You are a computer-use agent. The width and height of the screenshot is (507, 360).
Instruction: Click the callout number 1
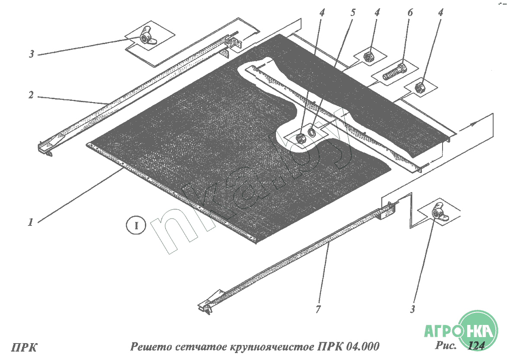point(30,222)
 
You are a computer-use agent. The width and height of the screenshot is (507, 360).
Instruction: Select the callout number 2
point(31,95)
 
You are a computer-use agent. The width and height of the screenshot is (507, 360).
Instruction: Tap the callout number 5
point(353,13)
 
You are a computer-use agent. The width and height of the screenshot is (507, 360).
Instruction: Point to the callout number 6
point(410,13)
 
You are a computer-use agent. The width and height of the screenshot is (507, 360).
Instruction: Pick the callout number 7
point(318,309)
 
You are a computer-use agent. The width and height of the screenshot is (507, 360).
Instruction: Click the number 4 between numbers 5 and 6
point(377,13)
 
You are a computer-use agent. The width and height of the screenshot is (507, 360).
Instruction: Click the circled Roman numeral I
point(136,225)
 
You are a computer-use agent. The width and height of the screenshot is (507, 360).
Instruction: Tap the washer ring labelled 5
point(312,132)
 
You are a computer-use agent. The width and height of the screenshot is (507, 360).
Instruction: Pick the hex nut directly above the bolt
point(368,57)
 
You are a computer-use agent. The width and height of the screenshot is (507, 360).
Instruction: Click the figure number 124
point(476,346)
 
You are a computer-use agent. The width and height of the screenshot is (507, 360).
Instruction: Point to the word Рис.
point(446,345)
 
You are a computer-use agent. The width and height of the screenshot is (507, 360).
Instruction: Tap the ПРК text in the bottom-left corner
point(24,347)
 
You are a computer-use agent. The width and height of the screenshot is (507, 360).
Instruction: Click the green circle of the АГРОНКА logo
point(478,329)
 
